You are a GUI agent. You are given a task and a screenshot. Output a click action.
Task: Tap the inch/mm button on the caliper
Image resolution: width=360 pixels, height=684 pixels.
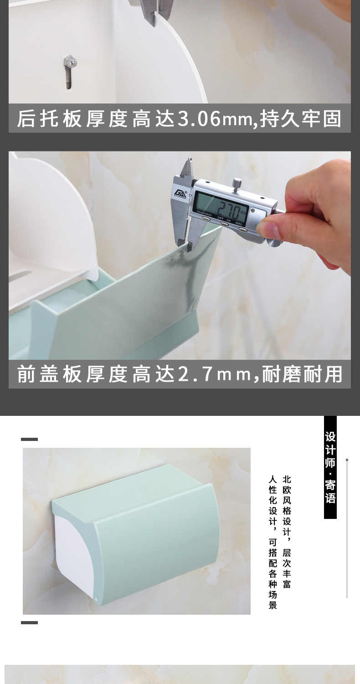click(207, 218)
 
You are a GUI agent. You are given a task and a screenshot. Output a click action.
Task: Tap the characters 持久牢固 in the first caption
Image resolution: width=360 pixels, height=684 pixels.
click(301, 119)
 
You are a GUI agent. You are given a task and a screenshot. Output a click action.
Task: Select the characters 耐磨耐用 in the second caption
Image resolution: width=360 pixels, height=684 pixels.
click(302, 374)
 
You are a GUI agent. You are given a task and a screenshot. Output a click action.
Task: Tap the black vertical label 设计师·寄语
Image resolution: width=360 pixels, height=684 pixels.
click(330, 467)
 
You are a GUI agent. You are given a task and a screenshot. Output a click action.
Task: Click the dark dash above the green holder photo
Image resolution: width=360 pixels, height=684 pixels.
click(29, 440)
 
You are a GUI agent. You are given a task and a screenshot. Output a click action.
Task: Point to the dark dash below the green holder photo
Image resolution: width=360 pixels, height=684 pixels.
click(29, 622)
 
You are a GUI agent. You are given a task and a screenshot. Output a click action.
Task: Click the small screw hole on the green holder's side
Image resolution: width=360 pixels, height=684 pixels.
click(97, 599)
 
